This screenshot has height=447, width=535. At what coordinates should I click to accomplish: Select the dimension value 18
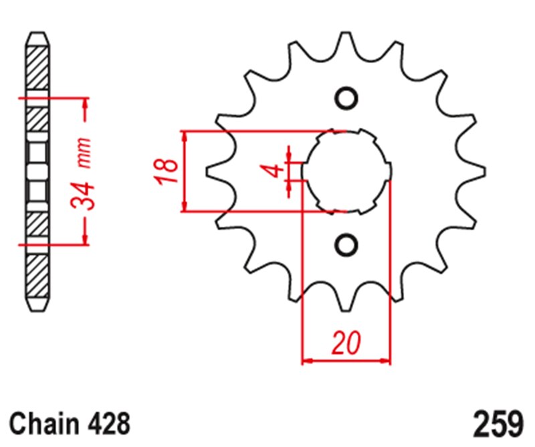[167, 171]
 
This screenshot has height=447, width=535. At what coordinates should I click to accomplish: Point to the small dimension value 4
[273, 171]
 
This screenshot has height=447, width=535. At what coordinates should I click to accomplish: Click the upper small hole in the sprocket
[346, 98]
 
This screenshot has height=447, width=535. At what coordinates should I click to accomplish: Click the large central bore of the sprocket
[346, 171]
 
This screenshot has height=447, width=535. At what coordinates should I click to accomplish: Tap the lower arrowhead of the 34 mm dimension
[86, 240]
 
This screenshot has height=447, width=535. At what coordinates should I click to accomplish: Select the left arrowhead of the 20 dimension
[307, 361]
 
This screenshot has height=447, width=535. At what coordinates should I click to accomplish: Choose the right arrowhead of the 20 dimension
[385, 361]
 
